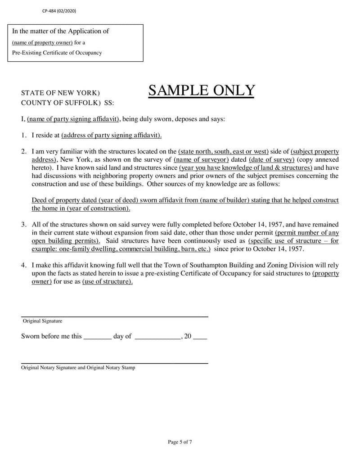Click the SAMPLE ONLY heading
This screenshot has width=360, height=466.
[201, 91]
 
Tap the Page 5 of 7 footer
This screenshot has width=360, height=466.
[180, 442]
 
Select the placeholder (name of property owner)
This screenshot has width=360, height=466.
[42, 43]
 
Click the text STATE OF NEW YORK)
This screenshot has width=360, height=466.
[61, 93]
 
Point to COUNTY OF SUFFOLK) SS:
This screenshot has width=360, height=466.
[67, 103]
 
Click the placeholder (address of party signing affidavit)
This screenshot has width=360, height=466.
[112, 135]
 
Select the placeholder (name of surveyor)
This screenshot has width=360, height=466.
[201, 159]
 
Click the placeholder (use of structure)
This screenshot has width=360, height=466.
[108, 282]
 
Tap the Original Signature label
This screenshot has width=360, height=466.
[42, 321]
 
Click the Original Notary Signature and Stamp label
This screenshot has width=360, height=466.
[78, 368]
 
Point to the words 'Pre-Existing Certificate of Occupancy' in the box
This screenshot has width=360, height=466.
[57, 53]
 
